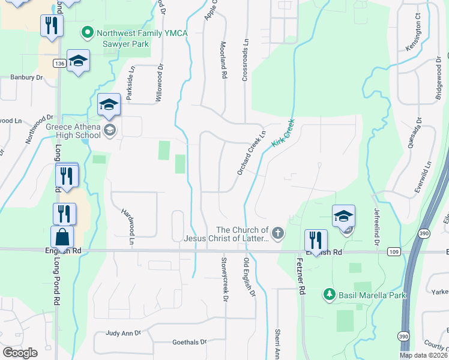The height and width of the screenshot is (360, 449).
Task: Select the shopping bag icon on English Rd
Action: pos(62,238)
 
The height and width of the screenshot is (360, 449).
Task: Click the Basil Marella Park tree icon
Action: pos(328,295)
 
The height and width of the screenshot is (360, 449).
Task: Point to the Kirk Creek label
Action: pos(283,133)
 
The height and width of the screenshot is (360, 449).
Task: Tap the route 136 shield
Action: pos(59,63)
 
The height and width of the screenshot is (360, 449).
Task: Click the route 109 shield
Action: pos(393,253)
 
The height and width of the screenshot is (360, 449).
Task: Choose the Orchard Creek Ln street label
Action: pos(251,154)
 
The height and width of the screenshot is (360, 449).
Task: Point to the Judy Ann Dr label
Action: pos(122,332)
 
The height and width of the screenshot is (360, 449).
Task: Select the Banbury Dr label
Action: pos(27,77)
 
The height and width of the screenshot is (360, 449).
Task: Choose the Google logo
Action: pos(20,353)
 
